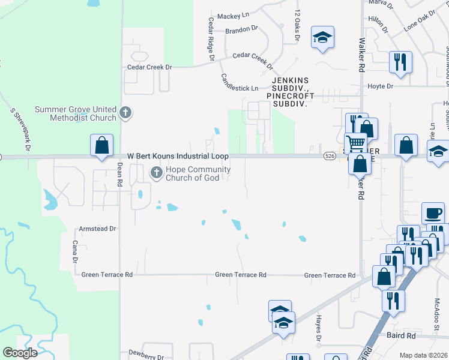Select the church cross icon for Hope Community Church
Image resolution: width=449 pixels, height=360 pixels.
click(x=156, y=173)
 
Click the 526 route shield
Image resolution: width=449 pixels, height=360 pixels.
click(x=328, y=156)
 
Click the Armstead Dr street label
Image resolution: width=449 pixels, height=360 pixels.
click(x=97, y=229)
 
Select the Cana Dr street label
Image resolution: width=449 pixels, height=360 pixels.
click(x=76, y=252)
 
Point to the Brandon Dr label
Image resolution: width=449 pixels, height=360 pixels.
click(x=241, y=28)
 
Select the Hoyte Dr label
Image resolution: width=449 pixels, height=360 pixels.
click(x=380, y=86)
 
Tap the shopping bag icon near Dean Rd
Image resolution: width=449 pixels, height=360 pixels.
click(x=102, y=146)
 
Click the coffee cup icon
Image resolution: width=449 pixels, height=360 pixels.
click(x=433, y=213)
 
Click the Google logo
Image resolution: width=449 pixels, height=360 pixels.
click(x=20, y=353)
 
